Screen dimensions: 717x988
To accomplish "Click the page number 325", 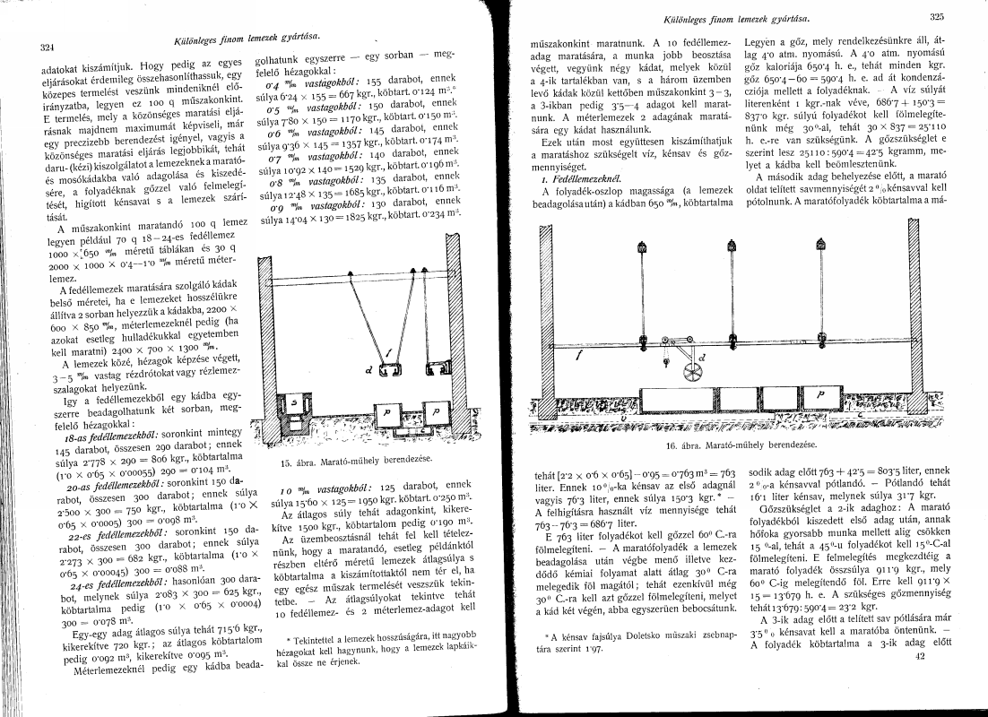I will pos(938,17).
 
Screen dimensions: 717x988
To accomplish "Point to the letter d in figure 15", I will pos(368,367).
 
